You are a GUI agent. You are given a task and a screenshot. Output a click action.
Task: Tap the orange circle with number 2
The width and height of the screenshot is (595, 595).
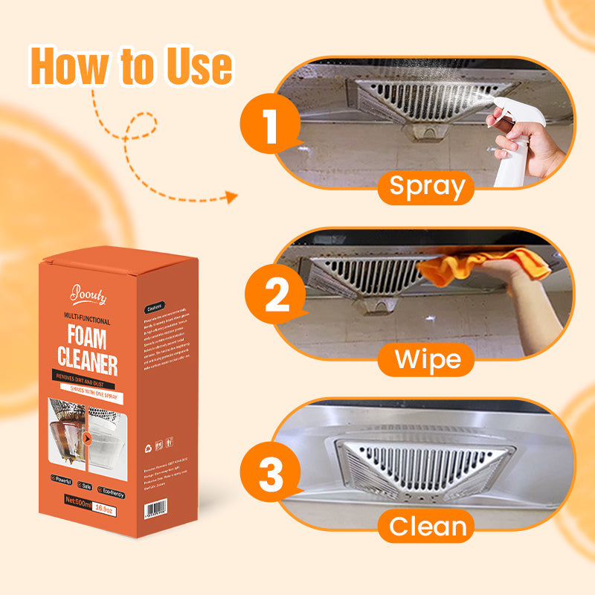(277, 295)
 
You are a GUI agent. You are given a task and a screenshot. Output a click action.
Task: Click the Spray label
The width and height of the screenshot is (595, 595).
(426, 186)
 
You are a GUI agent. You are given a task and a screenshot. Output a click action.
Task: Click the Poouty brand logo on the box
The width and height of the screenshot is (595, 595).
(89, 296)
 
